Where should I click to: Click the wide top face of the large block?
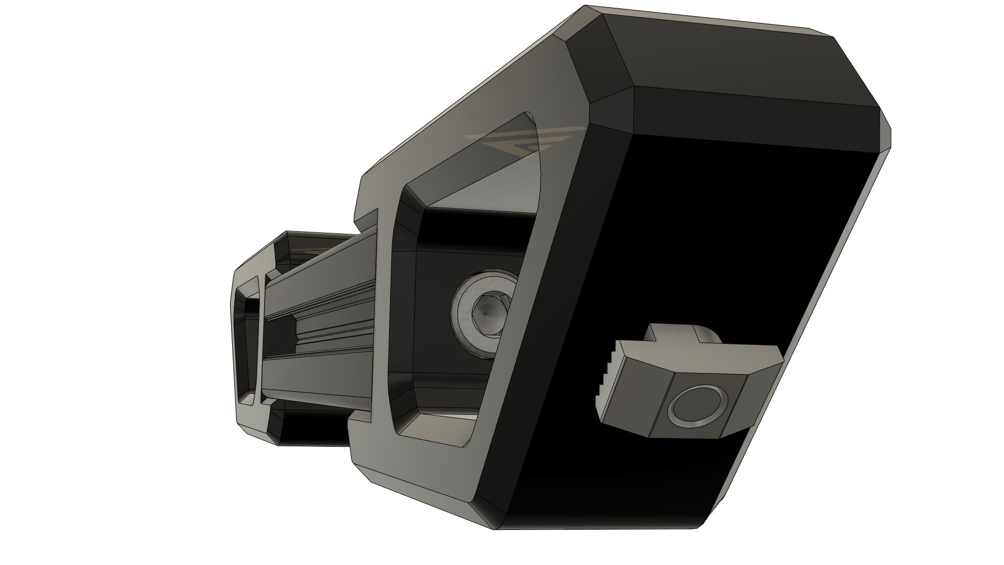[732, 58]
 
